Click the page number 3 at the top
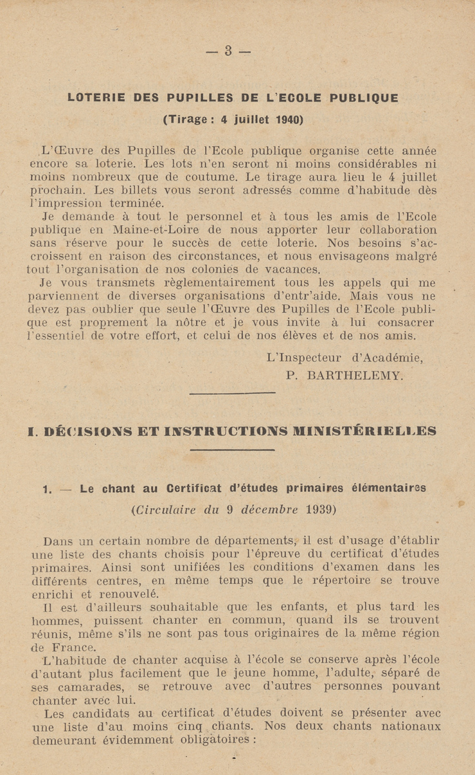coord(228,51)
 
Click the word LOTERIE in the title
coord(96,98)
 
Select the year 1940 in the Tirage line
coord(289,119)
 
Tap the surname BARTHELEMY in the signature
coord(356,376)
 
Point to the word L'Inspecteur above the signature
coord(304,358)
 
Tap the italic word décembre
coord(270,510)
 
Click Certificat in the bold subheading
coord(194,488)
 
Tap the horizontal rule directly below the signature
coord(232,392)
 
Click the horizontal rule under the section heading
coord(232,449)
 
